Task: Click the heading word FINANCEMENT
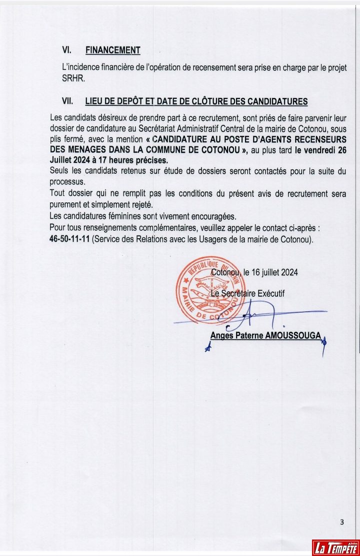(x=113, y=50)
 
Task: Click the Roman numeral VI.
(x=67, y=50)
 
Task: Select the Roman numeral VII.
(x=68, y=101)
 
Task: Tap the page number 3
(x=342, y=523)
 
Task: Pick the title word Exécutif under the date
(x=270, y=294)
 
